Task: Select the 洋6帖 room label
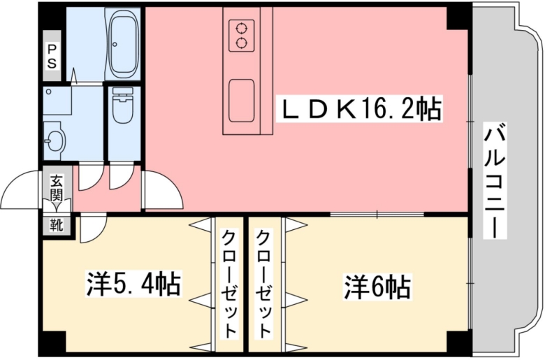pyautogui.click(x=377, y=287)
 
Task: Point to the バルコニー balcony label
pyautogui.click(x=495, y=180)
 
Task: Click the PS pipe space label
pyautogui.click(x=52, y=56)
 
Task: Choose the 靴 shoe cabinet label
pyautogui.click(x=57, y=225)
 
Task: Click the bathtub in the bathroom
pyautogui.click(x=123, y=44)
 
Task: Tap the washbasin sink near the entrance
pyautogui.click(x=55, y=141)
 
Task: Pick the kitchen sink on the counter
pyautogui.click(x=242, y=101)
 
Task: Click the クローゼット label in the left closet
pyautogui.click(x=229, y=284)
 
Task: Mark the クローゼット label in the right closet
pyautogui.click(x=263, y=284)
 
